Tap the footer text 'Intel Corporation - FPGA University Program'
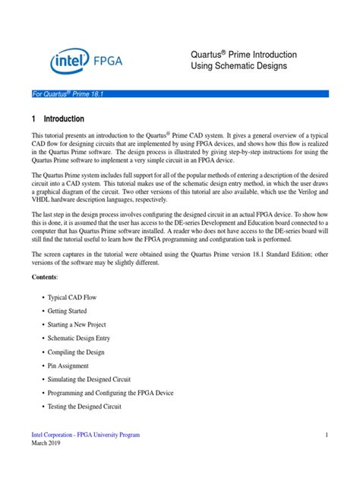pos(85,434)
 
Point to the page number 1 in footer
pos(325,434)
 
